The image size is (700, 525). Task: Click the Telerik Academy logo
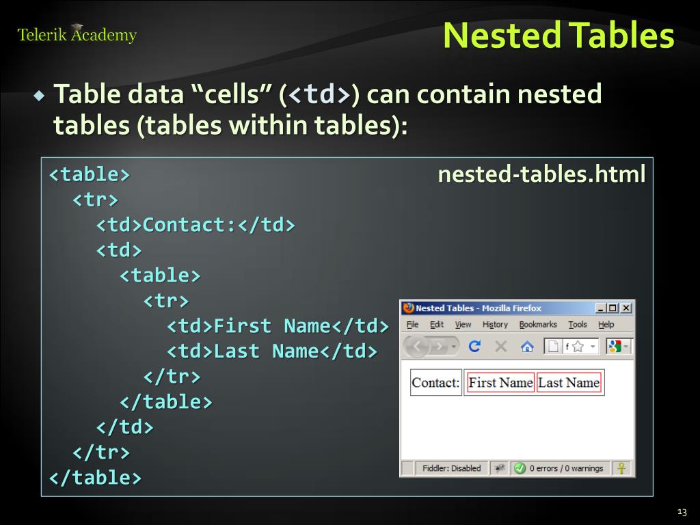pos(77,34)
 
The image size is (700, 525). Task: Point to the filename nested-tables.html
pos(541,175)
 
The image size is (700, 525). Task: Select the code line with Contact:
pos(196,225)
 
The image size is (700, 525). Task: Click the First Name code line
pos(278,326)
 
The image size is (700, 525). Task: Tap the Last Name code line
pos(272,351)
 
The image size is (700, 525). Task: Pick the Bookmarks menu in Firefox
pos(538,325)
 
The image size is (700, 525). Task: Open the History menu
pos(495,325)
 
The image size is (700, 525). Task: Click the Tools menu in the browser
pos(578,325)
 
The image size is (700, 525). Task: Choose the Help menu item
pos(606,325)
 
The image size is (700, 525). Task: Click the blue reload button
pos(474,347)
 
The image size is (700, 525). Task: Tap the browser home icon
pos(527,347)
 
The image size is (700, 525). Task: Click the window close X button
pos(626,308)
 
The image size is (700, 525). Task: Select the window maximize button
pos(613,308)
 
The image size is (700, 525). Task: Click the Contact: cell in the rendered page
pos(435,383)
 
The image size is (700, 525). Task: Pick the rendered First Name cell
pos(500,383)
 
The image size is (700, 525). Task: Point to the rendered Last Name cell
pos(569,383)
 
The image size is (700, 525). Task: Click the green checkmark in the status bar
pos(520,468)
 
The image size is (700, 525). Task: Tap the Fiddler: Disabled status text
pos(451,468)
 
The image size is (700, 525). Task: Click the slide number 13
pos(682,512)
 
